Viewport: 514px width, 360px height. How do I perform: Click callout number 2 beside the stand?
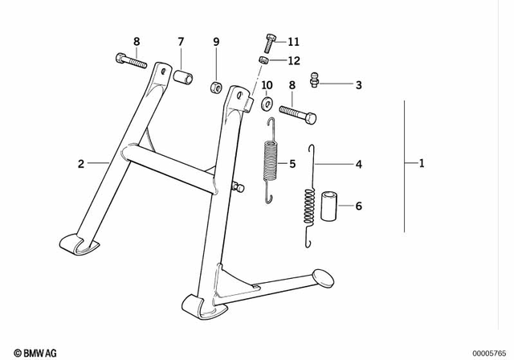click(x=81, y=165)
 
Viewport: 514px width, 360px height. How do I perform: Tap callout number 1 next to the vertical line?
click(x=422, y=165)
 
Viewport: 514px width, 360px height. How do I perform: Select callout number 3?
click(x=358, y=84)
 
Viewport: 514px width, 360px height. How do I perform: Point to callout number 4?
click(x=358, y=165)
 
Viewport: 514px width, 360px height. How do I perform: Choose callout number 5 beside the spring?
click(x=292, y=165)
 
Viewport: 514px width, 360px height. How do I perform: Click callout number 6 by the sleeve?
click(x=358, y=207)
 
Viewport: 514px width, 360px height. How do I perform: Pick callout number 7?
click(x=181, y=41)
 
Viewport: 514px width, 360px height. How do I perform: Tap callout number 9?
click(x=216, y=41)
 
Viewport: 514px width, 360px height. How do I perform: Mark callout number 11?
click(x=292, y=41)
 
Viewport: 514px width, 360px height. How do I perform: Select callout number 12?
click(x=292, y=60)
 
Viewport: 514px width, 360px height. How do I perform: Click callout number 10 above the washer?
click(x=267, y=84)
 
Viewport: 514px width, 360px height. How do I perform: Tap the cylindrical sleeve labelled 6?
click(x=328, y=206)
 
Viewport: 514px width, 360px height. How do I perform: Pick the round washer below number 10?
click(x=267, y=102)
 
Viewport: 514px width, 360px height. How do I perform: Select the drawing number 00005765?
click(x=491, y=353)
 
